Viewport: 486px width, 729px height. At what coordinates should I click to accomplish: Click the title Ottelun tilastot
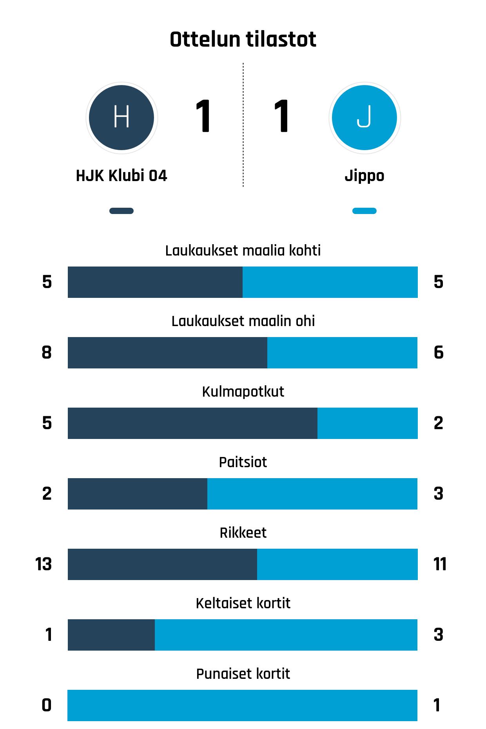(x=243, y=40)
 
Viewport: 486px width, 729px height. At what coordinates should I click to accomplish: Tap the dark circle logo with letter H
(x=121, y=118)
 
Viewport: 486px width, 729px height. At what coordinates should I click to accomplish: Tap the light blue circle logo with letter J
(x=364, y=118)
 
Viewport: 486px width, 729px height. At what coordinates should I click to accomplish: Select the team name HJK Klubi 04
(x=121, y=176)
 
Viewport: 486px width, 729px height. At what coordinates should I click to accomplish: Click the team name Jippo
(x=364, y=176)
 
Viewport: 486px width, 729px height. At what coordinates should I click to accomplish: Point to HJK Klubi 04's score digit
(x=203, y=116)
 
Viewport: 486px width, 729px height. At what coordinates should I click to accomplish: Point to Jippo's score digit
(x=282, y=116)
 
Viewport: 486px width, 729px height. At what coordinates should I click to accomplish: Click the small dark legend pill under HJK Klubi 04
(x=121, y=211)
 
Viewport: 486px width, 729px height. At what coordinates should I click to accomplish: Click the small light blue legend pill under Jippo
(x=364, y=211)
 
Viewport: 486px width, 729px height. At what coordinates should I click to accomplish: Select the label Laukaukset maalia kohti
(x=243, y=250)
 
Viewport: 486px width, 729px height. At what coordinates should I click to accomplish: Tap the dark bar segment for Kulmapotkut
(x=192, y=423)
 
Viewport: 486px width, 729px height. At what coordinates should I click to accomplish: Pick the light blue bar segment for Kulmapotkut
(x=367, y=423)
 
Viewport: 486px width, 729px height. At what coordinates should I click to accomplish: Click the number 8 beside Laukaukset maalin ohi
(x=47, y=353)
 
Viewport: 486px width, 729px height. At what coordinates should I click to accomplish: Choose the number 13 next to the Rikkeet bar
(x=44, y=564)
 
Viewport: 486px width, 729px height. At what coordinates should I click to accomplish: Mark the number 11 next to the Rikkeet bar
(x=440, y=564)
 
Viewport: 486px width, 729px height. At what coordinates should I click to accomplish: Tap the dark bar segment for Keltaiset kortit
(x=111, y=635)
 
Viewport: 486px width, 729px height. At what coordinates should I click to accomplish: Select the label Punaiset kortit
(x=243, y=674)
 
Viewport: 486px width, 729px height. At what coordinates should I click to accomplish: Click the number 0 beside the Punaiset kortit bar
(x=47, y=705)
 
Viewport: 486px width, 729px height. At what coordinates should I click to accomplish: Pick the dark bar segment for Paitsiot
(x=138, y=494)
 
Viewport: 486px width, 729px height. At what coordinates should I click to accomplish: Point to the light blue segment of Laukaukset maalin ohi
(x=342, y=353)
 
